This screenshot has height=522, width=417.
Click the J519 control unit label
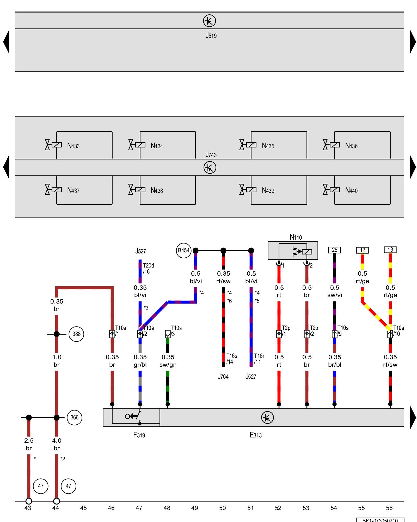point(211,35)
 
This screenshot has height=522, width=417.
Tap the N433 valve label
point(73,146)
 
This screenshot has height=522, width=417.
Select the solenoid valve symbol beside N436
point(331,145)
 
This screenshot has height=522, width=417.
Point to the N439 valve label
point(268,191)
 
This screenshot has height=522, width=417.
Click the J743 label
point(211,155)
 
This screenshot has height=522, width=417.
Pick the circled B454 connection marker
point(183,251)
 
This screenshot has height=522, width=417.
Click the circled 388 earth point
point(76,334)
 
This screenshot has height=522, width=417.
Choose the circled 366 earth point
point(75,417)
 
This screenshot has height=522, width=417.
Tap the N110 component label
point(296,237)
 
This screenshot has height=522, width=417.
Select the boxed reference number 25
point(334,250)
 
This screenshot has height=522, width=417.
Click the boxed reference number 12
point(362,250)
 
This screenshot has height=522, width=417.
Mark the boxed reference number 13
point(390,250)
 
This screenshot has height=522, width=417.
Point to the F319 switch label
point(139,435)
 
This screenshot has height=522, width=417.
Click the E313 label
point(255,435)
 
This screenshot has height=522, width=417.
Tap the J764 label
point(223,376)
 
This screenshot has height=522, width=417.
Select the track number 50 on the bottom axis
point(222,508)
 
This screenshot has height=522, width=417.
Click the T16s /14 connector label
point(231,359)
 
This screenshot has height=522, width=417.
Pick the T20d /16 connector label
point(148,268)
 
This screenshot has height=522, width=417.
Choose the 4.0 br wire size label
point(57,444)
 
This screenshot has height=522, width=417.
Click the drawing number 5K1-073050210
point(380,520)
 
